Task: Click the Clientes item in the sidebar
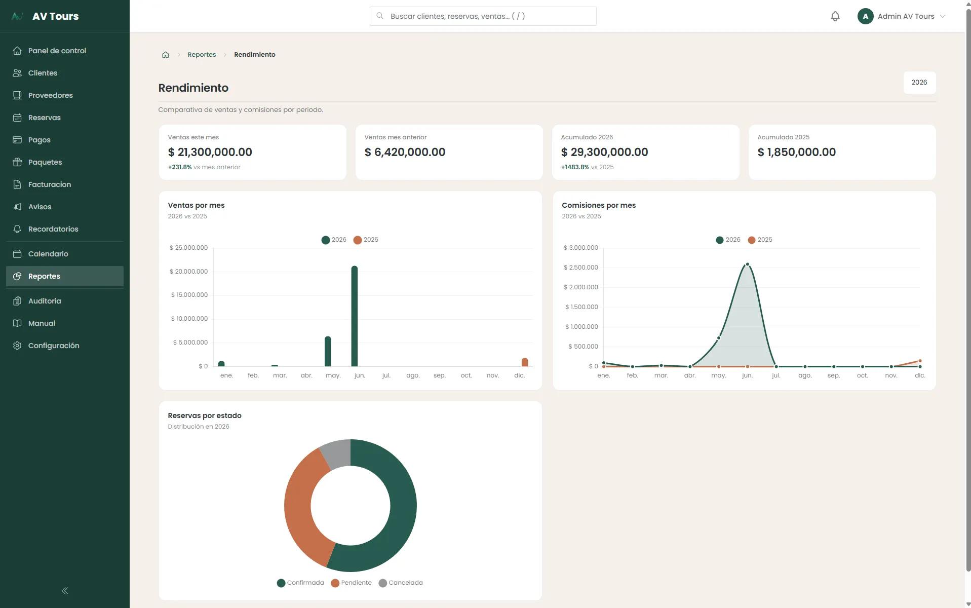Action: point(43,73)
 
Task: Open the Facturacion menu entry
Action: point(49,184)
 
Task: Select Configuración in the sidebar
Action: point(54,346)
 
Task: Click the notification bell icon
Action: point(835,16)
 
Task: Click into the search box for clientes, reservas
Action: point(483,16)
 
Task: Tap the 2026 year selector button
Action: point(919,83)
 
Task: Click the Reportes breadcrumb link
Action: point(202,55)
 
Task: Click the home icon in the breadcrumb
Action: point(165,55)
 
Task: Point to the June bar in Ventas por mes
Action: point(355,316)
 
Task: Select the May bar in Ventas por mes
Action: point(328,351)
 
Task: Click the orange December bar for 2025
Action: point(525,362)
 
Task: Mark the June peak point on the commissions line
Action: point(747,264)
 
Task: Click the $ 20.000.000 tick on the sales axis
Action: point(188,272)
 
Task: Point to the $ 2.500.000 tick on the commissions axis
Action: point(580,268)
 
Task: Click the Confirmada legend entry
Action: point(300,583)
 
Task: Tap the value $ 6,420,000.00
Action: point(405,152)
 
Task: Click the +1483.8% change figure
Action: point(575,167)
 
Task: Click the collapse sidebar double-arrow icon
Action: point(65,591)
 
